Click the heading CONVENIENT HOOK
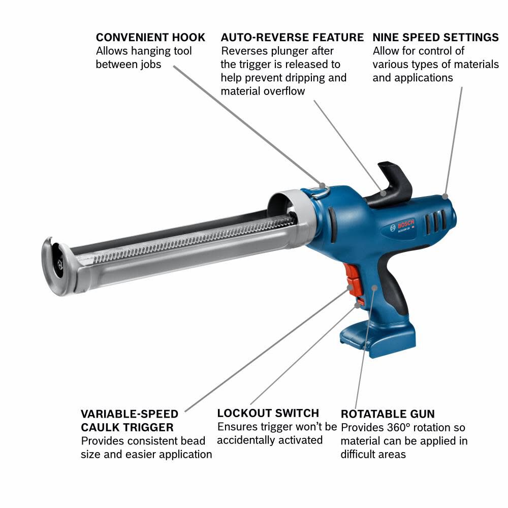tap(150, 38)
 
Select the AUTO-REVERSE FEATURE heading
tap(292, 38)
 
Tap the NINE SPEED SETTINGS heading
tap(435, 38)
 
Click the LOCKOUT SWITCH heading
tap(268, 413)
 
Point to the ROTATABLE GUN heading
tap(388, 414)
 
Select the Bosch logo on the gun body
tap(405, 225)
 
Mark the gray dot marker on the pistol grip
tap(375, 288)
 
